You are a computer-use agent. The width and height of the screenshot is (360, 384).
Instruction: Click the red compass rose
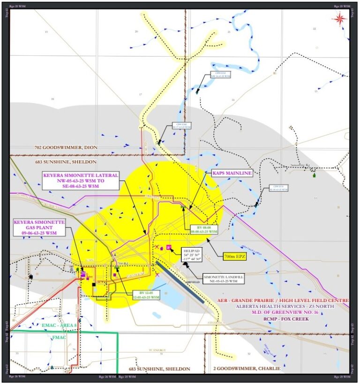tap(339, 18)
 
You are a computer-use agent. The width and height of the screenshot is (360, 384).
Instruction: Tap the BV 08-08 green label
tap(204, 229)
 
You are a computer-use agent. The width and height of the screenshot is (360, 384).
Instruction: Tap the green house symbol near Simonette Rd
tap(314, 175)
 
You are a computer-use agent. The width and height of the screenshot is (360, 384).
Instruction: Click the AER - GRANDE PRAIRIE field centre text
tap(284, 299)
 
